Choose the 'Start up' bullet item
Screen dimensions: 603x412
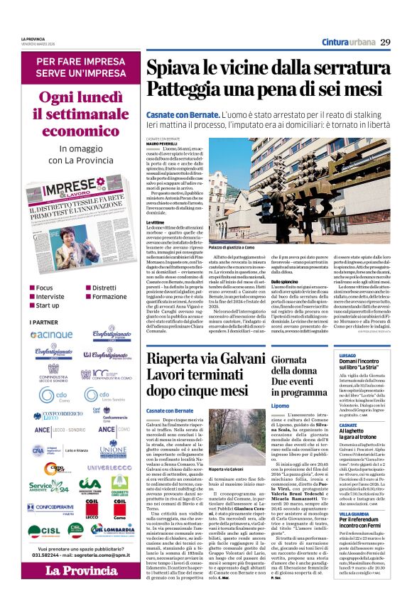(x=48, y=305)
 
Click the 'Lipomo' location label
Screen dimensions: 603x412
(x=281, y=405)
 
